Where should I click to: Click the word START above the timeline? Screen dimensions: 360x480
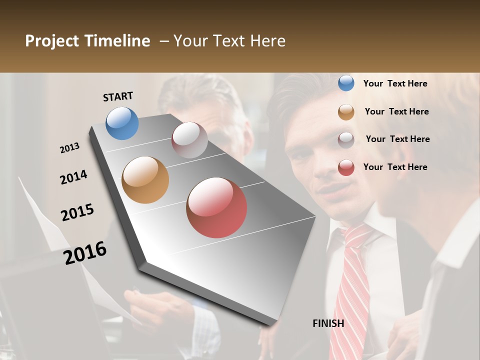point(118,96)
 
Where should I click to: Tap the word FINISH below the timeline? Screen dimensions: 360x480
point(328,323)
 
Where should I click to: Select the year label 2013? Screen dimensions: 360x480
point(70,148)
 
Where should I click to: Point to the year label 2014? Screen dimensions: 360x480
point(73,177)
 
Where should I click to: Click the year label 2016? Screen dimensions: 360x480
point(85,252)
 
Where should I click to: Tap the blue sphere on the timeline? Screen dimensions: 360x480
point(122,123)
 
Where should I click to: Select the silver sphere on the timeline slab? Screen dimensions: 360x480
point(189,139)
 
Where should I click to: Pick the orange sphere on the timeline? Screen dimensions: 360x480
point(145,179)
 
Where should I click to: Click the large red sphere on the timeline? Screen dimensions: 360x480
point(216,207)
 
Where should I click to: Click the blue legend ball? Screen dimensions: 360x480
point(346,83)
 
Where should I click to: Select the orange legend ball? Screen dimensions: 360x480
point(346,112)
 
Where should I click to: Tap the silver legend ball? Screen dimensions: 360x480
point(346,139)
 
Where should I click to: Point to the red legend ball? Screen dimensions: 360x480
point(346,167)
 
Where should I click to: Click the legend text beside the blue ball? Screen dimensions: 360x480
point(395,83)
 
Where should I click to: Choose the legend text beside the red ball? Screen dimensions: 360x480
point(395,167)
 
